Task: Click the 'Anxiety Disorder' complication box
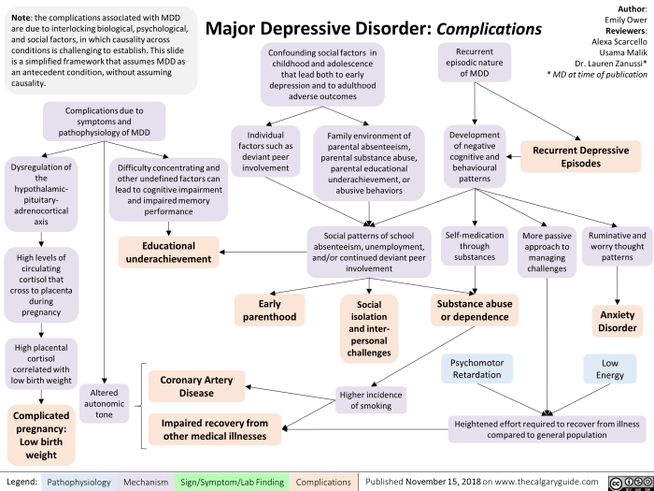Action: click(618, 322)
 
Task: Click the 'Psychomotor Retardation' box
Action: click(477, 367)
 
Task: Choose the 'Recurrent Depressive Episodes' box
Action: click(580, 156)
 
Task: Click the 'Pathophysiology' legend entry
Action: click(78, 478)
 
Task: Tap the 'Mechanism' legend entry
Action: click(146, 478)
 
